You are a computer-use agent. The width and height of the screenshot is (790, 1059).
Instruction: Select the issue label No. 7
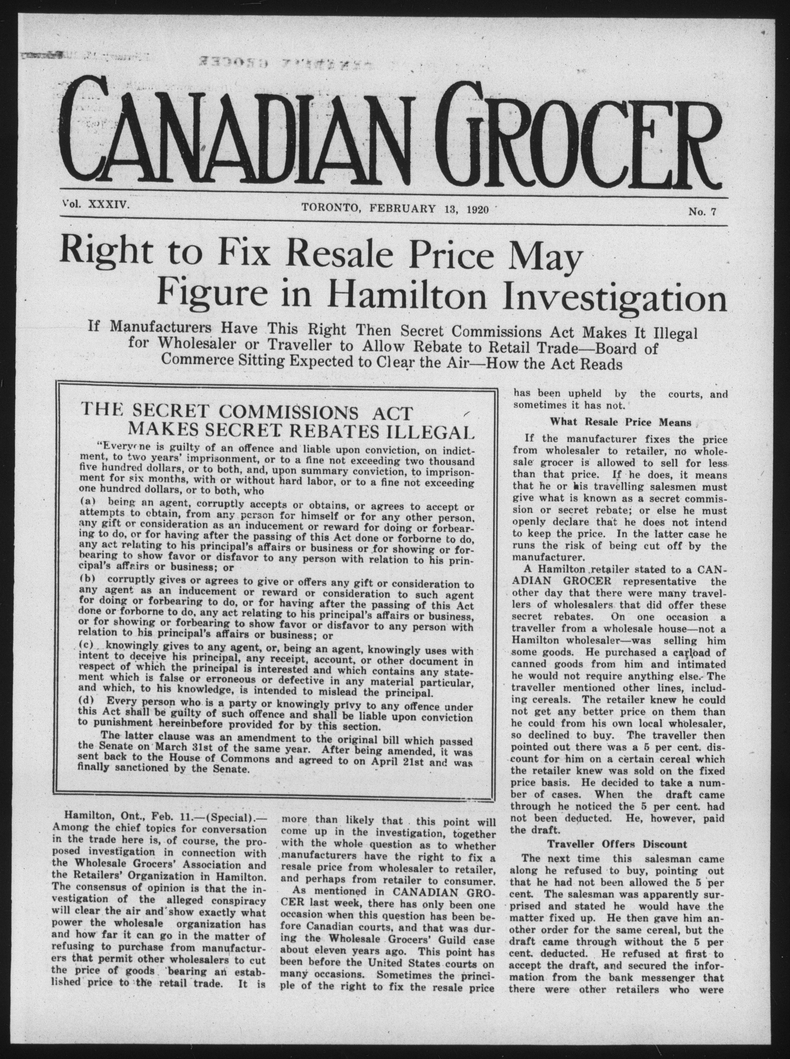pyautogui.click(x=702, y=211)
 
